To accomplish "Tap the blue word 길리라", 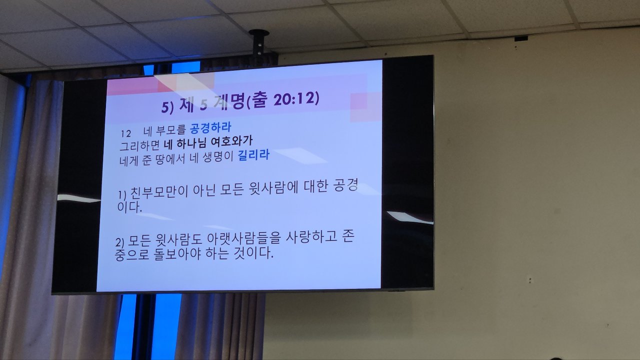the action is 253,155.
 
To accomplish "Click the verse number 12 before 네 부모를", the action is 125,133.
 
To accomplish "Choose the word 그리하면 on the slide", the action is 139,145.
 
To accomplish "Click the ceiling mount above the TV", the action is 259,43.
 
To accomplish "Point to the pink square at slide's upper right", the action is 358,101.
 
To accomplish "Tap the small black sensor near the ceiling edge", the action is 521,38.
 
